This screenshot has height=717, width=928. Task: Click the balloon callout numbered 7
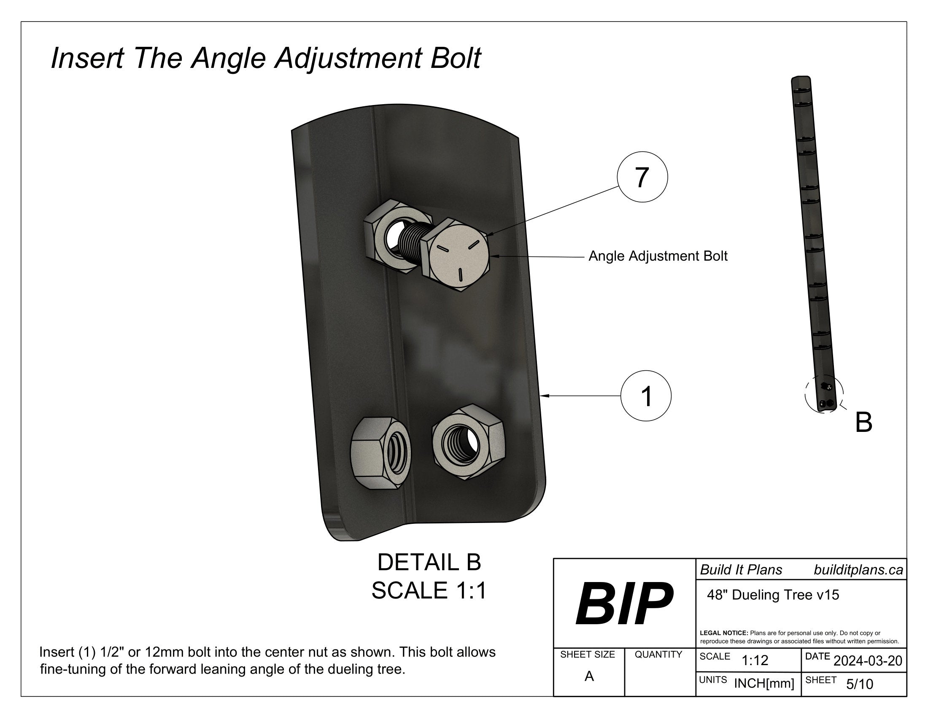(x=642, y=177)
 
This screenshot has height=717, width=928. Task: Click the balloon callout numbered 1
(x=646, y=396)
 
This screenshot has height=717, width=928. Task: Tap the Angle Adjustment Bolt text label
(x=658, y=256)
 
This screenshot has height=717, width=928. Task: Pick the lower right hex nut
(x=468, y=442)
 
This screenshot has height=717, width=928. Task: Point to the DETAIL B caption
(x=429, y=562)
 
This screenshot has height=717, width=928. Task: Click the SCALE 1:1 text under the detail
(x=429, y=590)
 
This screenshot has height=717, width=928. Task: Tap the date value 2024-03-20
(x=868, y=661)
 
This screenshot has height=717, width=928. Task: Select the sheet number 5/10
(x=860, y=684)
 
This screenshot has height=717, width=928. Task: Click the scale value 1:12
(x=755, y=660)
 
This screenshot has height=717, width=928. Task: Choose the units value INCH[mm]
(x=764, y=683)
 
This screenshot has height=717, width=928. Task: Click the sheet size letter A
(x=589, y=676)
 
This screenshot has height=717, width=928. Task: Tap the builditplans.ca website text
(x=858, y=570)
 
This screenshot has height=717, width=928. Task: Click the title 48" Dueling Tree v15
(x=773, y=595)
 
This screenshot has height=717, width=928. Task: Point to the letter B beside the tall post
(x=863, y=423)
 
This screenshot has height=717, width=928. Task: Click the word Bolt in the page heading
(x=455, y=58)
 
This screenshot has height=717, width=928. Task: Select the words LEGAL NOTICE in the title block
(x=723, y=633)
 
